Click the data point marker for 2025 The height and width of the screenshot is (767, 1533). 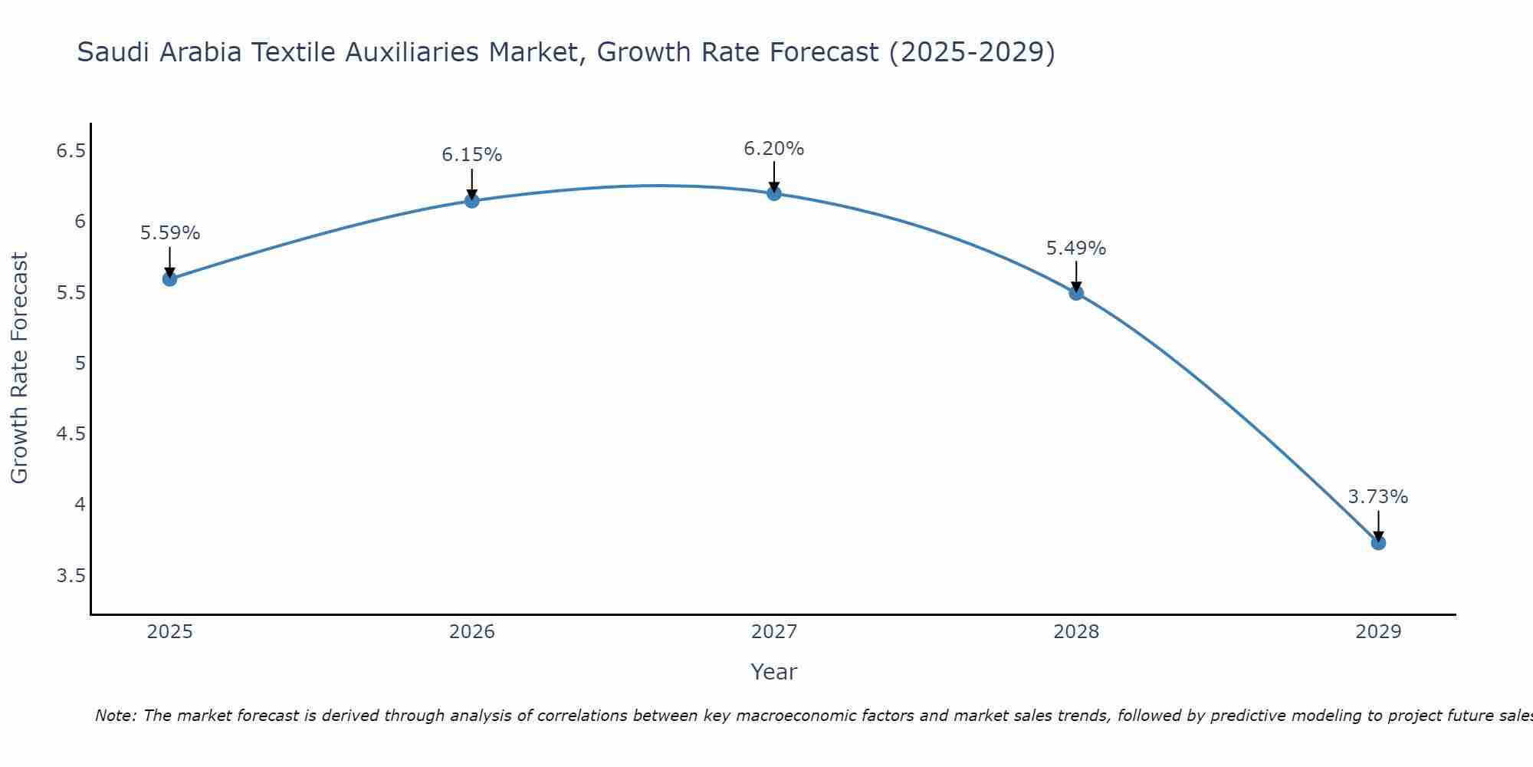click(x=170, y=278)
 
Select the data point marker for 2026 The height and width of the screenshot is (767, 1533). click(x=472, y=200)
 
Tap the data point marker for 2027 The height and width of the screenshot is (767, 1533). click(x=774, y=193)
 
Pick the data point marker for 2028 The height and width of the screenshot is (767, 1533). click(x=1076, y=292)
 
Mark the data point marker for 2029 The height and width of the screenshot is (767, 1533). click(x=1378, y=542)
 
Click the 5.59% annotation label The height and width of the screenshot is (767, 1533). click(x=170, y=233)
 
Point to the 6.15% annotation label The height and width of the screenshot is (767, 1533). click(x=472, y=155)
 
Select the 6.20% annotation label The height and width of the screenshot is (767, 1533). click(x=774, y=149)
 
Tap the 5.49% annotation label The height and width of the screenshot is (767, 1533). click(x=1076, y=249)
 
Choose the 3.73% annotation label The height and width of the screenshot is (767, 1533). click(x=1378, y=497)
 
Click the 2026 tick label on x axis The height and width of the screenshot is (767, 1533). click(x=472, y=632)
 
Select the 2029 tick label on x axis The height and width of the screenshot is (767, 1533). click(x=1378, y=632)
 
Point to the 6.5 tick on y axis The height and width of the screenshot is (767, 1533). click(x=71, y=151)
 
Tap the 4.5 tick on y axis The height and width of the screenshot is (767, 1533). click(x=71, y=434)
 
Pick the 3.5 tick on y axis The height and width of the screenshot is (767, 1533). click(x=71, y=576)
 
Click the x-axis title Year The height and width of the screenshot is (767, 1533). click(x=774, y=672)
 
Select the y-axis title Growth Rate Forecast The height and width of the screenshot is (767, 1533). click(x=20, y=368)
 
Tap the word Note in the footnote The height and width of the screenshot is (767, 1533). click(x=115, y=716)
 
